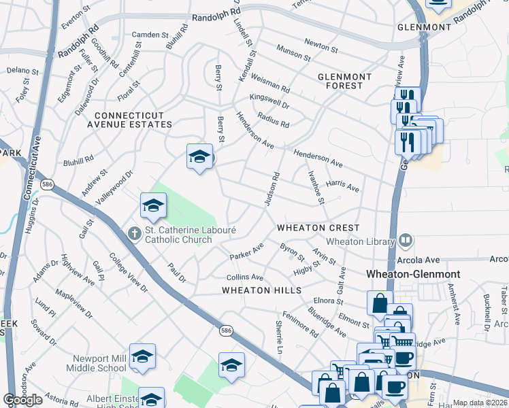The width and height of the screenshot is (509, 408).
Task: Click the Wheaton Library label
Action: [x=361, y=241]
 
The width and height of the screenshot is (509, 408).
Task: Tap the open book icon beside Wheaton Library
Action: [x=406, y=239]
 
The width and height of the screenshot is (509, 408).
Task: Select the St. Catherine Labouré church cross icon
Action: [x=135, y=233]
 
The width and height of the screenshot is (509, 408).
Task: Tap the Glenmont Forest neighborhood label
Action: [x=344, y=81]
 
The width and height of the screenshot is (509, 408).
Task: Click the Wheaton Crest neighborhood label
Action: [x=318, y=227]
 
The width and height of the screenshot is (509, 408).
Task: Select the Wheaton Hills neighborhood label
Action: [x=261, y=290]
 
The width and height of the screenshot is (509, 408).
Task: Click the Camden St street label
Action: [x=150, y=35]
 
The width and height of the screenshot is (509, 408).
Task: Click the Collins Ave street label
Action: [x=245, y=277]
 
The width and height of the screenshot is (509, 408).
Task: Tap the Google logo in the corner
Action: [x=22, y=400]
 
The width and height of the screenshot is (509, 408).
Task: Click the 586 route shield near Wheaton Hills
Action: [x=227, y=330]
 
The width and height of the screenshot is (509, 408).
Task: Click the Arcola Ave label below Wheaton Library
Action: [x=423, y=260]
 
